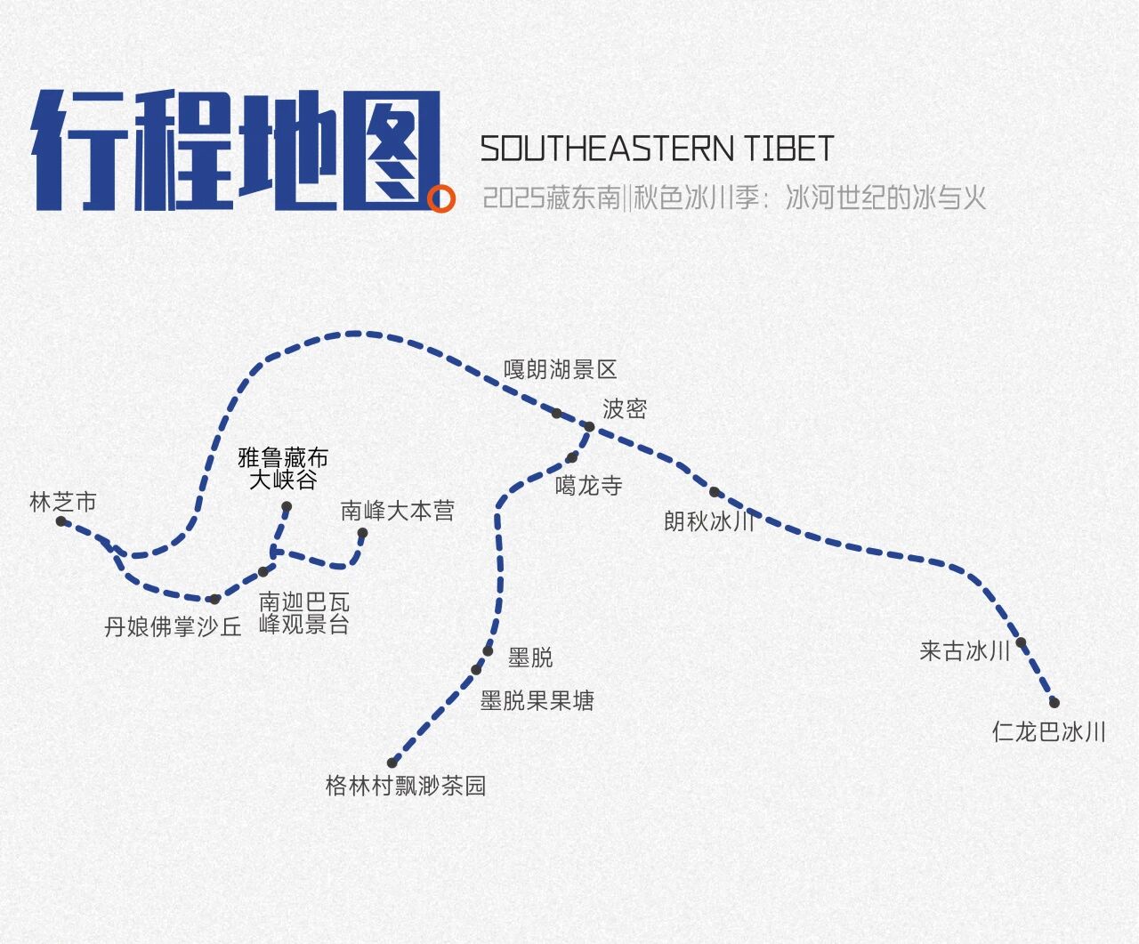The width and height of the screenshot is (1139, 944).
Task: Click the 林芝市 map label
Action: pyautogui.click(x=62, y=503)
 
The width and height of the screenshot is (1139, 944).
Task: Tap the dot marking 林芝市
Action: pyautogui.click(x=61, y=521)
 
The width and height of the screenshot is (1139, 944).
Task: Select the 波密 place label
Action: pyautogui.click(x=624, y=409)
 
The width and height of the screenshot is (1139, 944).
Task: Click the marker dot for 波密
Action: pyautogui.click(x=589, y=427)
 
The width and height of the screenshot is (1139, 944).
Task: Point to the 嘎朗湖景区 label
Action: pyautogui.click(x=560, y=369)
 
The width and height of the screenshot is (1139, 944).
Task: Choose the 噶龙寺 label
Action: pyautogui.click(x=588, y=486)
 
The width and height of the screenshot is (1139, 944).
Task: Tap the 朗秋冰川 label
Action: pyautogui.click(x=709, y=521)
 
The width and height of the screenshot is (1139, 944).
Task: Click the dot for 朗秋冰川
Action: pyautogui.click(x=714, y=492)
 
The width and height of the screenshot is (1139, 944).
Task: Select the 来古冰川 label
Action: pyautogui.click(x=965, y=651)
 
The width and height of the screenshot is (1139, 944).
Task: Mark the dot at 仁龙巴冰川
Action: pyautogui.click(x=1054, y=703)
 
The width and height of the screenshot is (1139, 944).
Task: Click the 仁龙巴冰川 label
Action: pyautogui.click(x=1048, y=732)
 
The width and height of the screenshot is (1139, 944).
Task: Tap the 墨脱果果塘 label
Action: pyautogui.click(x=537, y=701)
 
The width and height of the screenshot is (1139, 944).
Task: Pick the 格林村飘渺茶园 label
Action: pyautogui.click(x=406, y=787)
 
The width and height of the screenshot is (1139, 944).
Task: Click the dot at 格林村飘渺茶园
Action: pyautogui.click(x=392, y=762)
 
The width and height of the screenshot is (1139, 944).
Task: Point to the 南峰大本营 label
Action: pyautogui.click(x=397, y=511)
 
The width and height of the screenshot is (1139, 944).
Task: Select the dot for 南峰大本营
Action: pyautogui.click(x=362, y=534)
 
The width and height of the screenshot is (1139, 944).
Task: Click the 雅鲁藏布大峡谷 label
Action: pyautogui.click(x=283, y=469)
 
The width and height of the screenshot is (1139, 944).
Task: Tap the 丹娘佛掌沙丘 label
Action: pyautogui.click(x=173, y=627)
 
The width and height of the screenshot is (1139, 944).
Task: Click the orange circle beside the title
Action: pyautogui.click(x=440, y=199)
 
